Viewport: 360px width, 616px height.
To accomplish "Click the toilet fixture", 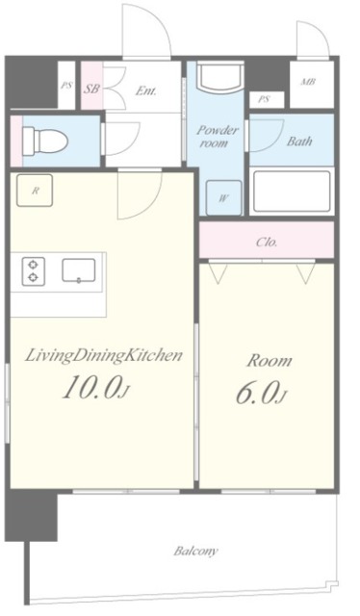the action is (x=45, y=141).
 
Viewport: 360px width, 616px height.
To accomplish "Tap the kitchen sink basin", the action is (x=79, y=270).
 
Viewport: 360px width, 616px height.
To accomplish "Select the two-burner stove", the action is (x=34, y=271).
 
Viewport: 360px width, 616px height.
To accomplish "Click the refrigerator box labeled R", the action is (x=35, y=191).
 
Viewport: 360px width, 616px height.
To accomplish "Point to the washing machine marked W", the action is (x=223, y=197).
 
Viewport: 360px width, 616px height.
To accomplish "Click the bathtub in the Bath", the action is (x=292, y=192).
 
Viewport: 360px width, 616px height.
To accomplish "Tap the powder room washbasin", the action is (x=220, y=77).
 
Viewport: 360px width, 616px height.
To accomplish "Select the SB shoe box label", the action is (x=91, y=89).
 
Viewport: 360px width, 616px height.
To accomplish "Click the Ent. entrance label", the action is (x=145, y=91).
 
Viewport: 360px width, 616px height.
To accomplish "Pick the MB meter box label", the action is (x=309, y=83).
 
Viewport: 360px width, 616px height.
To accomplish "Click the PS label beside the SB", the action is (x=66, y=86).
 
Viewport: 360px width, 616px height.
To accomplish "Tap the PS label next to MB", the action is (x=264, y=100).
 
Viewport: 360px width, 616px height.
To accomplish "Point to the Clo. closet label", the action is (x=267, y=242).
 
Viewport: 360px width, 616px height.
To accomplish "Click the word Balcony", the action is (x=196, y=552).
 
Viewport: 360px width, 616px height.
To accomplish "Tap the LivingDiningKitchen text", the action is (x=104, y=356).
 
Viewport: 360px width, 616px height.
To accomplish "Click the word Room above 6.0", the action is (x=270, y=361).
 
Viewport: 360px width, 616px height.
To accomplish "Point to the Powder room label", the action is (x=217, y=136).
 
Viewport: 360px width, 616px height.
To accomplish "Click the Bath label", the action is (x=299, y=141).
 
